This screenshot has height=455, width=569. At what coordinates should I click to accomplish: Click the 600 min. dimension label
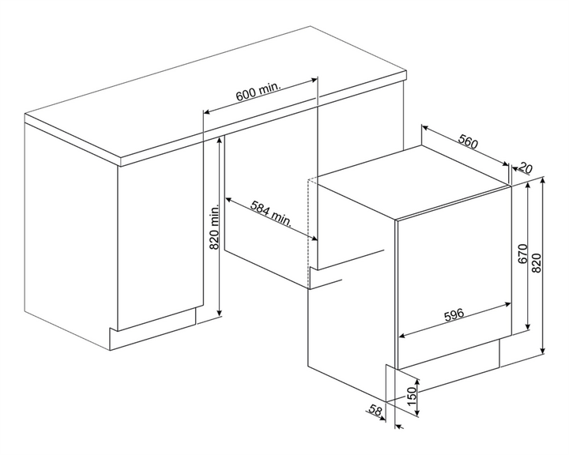coord(258,92)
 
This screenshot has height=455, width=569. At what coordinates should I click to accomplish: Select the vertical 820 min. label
coord(214,227)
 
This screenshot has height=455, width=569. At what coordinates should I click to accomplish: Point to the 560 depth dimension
coord(468,141)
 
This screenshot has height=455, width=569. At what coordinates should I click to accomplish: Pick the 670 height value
coord(522,254)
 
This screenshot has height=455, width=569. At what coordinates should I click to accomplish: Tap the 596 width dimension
coord(454,314)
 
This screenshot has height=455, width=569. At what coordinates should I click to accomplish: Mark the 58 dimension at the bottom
coord(375,411)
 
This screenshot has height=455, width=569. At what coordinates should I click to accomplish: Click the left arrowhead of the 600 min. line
coord(206,111)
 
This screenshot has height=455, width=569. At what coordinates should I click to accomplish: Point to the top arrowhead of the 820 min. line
coord(219,141)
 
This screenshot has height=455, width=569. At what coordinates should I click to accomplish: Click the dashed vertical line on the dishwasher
coord(307,234)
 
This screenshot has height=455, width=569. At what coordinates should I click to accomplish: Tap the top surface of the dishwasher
coord(413,182)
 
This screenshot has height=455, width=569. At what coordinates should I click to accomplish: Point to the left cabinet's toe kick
coord(153,329)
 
